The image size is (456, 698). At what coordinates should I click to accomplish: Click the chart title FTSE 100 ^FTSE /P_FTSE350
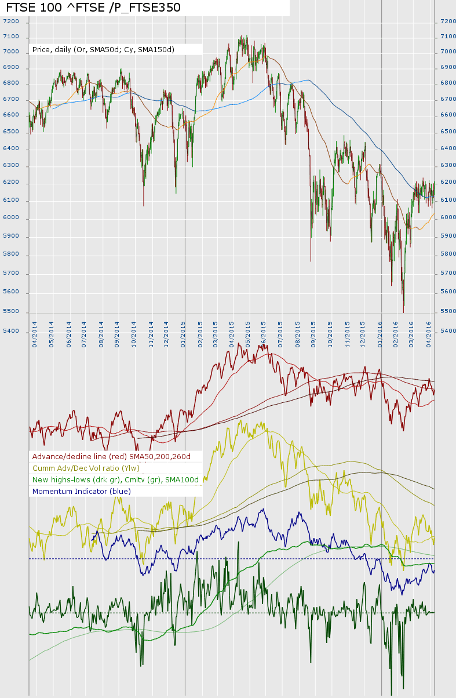tap(93, 8)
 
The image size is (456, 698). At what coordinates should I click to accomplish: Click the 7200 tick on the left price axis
tap(11, 21)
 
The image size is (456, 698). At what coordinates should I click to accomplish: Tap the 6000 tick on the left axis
tap(11, 218)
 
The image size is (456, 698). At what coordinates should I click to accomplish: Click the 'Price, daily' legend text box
tap(103, 50)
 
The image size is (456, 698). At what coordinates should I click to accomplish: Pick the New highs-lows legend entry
tap(115, 480)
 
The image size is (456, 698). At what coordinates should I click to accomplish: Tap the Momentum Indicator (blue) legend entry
tap(82, 492)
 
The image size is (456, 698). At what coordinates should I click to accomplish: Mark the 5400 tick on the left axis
tap(11, 331)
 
